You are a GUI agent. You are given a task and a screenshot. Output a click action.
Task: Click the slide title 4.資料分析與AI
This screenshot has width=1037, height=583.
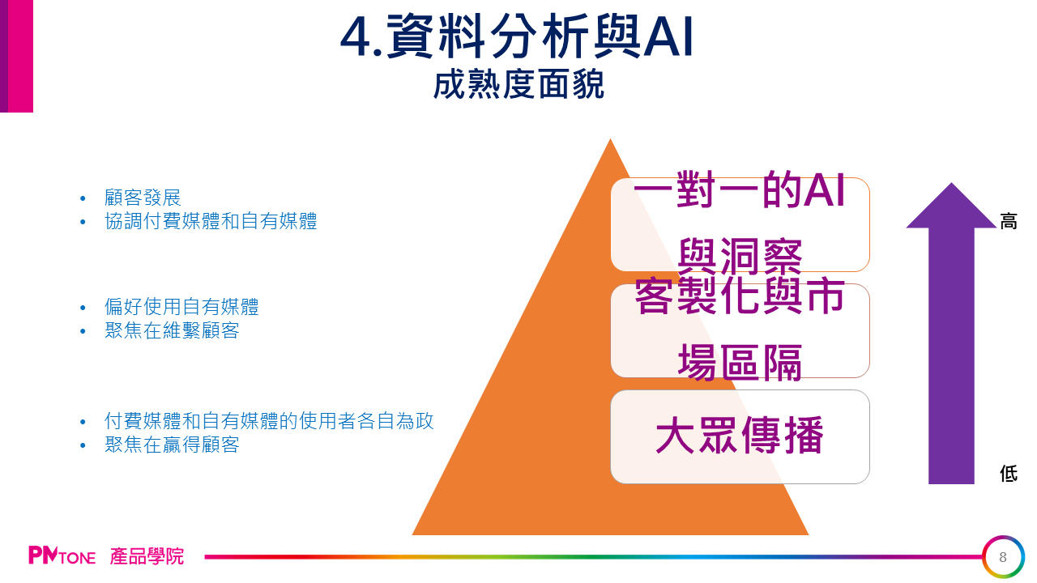click(517, 36)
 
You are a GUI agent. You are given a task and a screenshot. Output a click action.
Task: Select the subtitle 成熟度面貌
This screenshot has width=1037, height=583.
click(518, 84)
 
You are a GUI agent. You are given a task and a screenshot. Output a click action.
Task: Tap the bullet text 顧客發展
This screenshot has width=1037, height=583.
click(143, 198)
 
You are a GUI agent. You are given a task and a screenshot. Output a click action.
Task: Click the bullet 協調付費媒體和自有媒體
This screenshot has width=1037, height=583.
click(211, 221)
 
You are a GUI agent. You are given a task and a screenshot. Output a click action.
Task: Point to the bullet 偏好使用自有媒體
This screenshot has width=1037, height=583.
click(181, 307)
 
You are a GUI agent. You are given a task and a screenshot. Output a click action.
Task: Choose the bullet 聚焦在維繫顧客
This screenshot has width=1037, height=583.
click(172, 330)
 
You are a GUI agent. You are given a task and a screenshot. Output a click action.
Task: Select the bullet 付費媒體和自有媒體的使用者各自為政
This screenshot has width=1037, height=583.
click(269, 421)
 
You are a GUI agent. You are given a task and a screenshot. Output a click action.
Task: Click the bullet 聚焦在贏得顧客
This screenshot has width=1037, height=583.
click(172, 445)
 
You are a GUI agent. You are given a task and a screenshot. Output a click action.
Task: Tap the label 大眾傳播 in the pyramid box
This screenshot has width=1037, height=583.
click(740, 435)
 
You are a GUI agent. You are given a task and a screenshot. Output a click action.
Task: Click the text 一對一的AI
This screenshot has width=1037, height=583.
click(740, 190)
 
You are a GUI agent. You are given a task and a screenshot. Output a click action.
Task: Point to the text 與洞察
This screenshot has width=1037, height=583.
click(740, 257)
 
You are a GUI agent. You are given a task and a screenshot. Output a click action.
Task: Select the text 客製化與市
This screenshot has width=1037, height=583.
click(740, 296)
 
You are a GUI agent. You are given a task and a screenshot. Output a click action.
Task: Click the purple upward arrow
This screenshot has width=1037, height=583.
click(951, 333)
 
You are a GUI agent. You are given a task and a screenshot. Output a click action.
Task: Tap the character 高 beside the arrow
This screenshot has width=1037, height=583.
click(1009, 222)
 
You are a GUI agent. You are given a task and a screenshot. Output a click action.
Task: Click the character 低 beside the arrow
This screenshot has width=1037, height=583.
click(1009, 474)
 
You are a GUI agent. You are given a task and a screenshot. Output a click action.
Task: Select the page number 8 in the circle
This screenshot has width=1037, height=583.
click(1003, 557)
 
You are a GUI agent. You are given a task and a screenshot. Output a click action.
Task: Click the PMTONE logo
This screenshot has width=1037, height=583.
click(62, 555)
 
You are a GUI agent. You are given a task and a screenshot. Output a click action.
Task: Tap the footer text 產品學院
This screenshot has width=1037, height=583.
click(147, 556)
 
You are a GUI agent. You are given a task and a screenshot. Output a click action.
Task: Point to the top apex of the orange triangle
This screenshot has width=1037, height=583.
click(610, 138)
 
